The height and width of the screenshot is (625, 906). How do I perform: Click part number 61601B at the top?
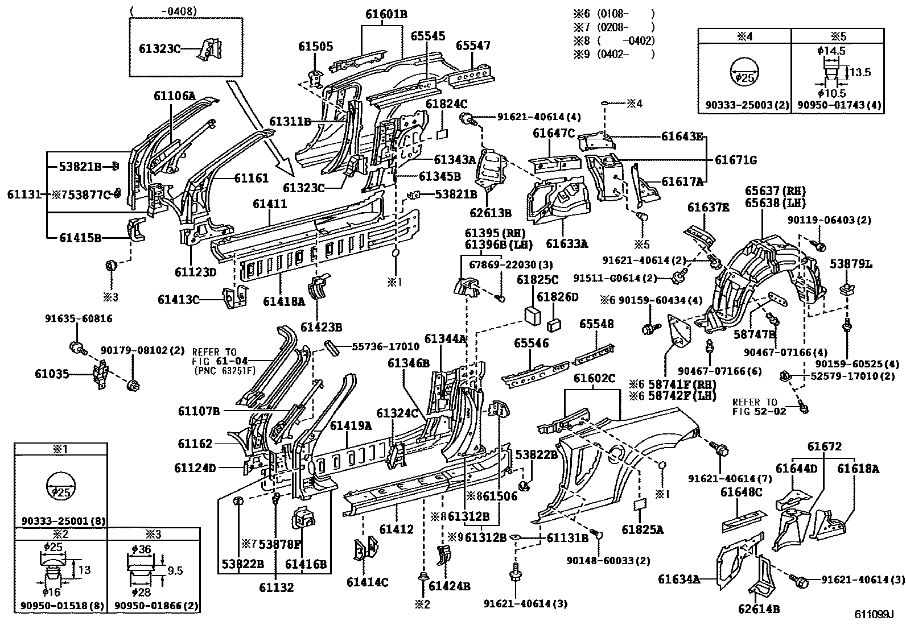386,14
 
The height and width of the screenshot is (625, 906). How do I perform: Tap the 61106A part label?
174,96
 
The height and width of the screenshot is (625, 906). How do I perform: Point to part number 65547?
473,45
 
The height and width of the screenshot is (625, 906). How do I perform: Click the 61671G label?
736,160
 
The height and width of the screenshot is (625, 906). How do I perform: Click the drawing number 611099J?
874,614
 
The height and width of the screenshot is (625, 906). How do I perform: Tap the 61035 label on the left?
52,374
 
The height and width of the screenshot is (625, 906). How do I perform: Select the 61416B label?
306,564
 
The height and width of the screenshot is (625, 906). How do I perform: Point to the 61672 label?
823,446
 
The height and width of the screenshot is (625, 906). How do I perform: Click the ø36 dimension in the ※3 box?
139,548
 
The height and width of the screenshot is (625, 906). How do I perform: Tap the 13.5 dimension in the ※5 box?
859,72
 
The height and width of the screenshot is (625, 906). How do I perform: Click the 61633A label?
566,243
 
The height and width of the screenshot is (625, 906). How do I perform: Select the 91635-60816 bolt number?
79,318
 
